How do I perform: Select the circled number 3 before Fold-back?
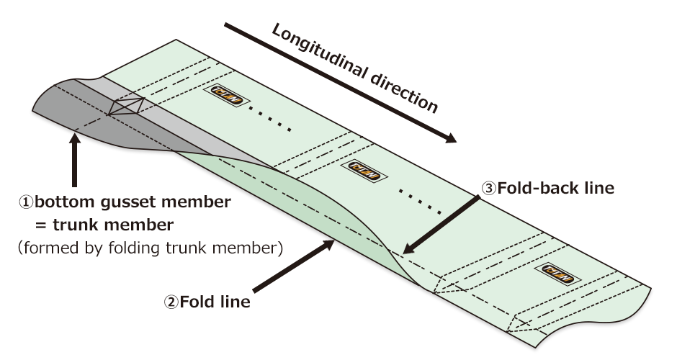tap(488, 189)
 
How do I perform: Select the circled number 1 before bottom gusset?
tap(27, 202)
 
